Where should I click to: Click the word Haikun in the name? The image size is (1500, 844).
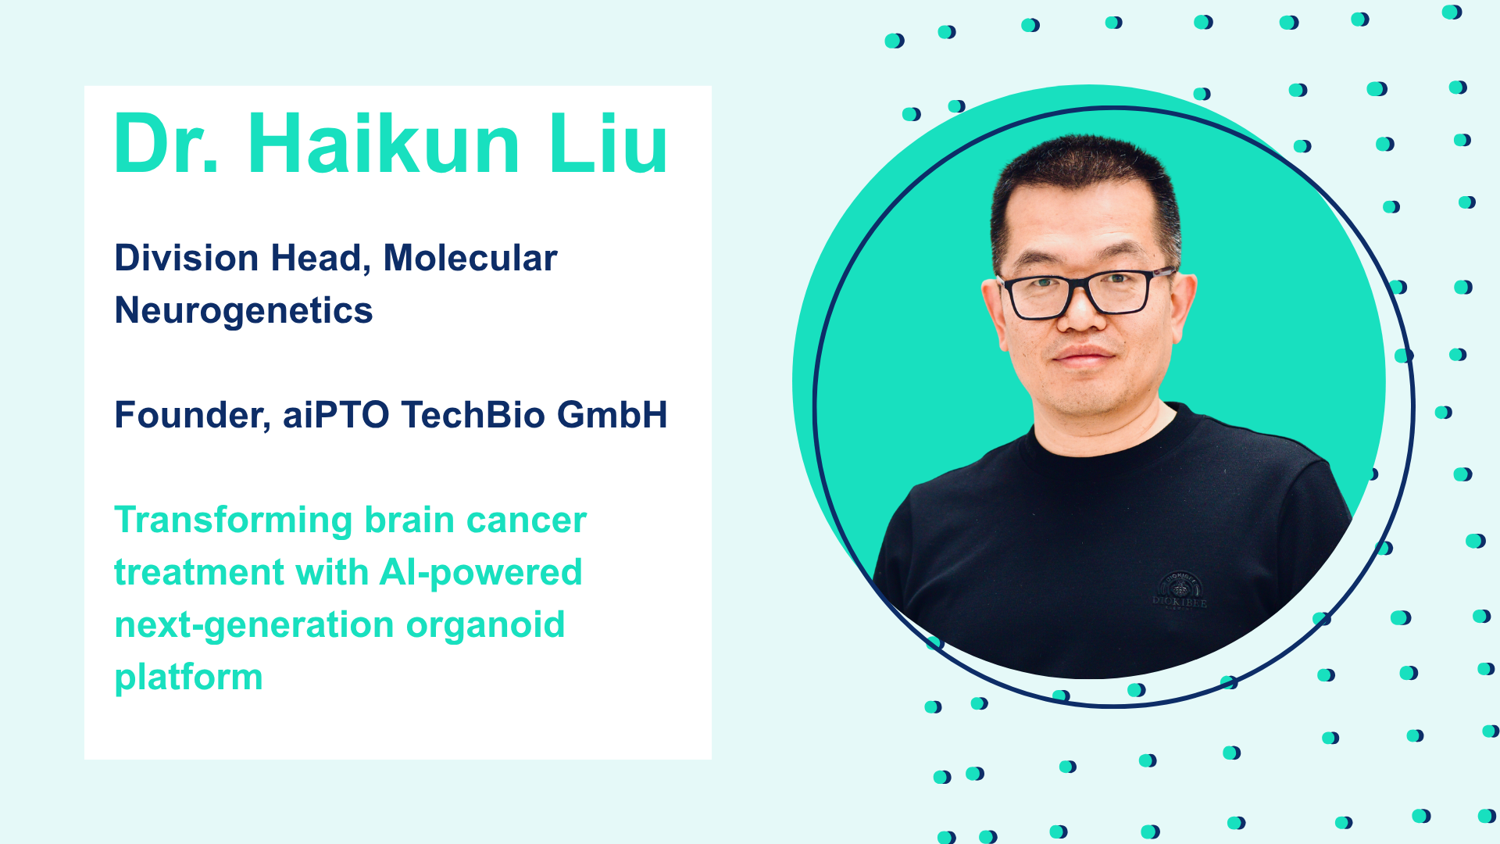click(x=384, y=144)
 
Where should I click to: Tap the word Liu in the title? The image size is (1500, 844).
click(x=609, y=144)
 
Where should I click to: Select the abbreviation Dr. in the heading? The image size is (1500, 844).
click(x=166, y=144)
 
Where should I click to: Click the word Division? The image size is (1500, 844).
click(x=187, y=258)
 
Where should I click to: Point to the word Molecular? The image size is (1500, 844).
click(x=470, y=258)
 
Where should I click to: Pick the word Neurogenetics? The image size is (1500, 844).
click(x=244, y=311)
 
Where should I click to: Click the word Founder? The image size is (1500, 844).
click(x=192, y=415)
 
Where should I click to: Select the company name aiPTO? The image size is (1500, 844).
click(x=336, y=415)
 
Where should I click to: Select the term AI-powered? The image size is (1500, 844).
click(x=480, y=574)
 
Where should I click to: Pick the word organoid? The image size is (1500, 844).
click(x=485, y=626)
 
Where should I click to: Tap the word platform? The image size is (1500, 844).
click(x=188, y=678)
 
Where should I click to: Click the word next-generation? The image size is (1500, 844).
click(x=254, y=626)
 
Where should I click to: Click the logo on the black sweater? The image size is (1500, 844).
click(x=1180, y=591)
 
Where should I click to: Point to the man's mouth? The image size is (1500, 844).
click(x=1083, y=357)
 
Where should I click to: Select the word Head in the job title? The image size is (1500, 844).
click(x=320, y=259)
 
